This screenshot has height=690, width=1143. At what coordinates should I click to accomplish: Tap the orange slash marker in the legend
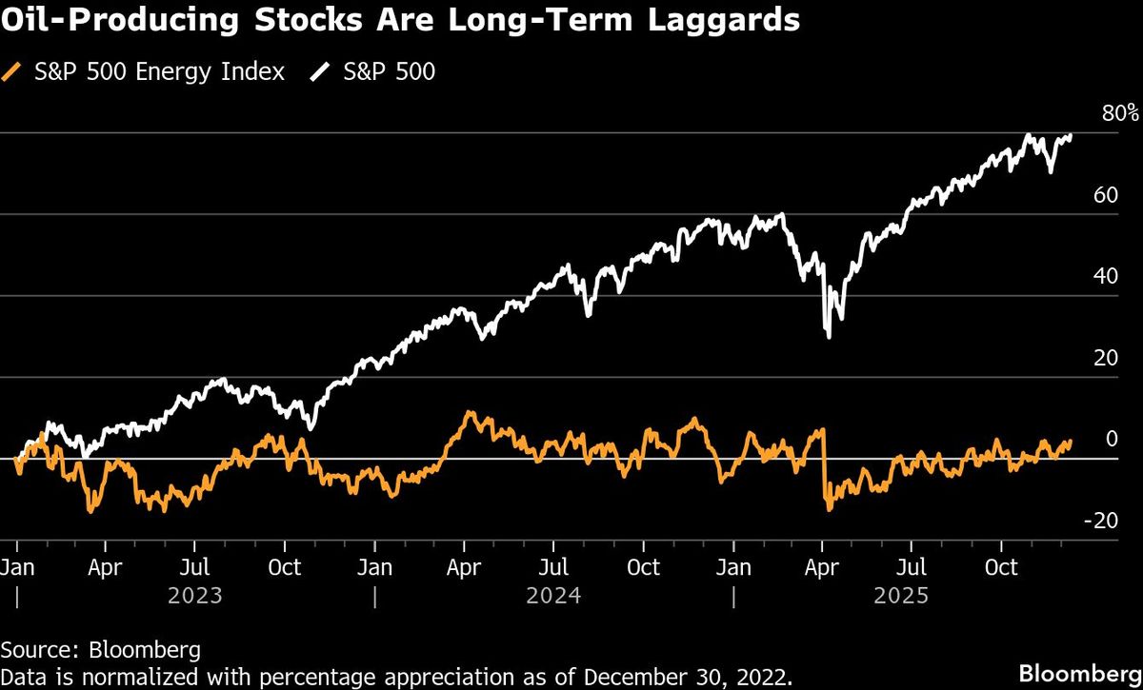(x=11, y=71)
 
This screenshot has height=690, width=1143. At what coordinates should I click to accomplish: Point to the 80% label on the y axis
(x=1119, y=113)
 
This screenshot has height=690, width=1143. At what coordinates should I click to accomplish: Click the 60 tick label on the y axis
(x=1103, y=195)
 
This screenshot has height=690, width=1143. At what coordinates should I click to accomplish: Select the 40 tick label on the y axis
(x=1103, y=276)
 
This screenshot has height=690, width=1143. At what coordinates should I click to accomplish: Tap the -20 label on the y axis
(x=1099, y=520)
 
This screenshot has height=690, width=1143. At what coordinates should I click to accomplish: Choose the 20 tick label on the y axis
(x=1103, y=358)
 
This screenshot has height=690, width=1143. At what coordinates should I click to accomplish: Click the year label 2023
(x=195, y=596)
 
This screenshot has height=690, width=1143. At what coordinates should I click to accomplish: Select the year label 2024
(x=553, y=596)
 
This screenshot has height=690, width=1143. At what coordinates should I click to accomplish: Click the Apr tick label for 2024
(x=463, y=568)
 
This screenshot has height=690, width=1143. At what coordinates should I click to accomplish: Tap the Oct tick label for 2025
(x=1001, y=568)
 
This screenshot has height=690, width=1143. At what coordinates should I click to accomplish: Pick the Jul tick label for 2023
(x=194, y=568)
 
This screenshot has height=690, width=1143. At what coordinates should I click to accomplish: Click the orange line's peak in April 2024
(x=467, y=414)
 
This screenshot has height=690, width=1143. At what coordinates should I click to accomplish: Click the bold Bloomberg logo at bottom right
(x=1079, y=674)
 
